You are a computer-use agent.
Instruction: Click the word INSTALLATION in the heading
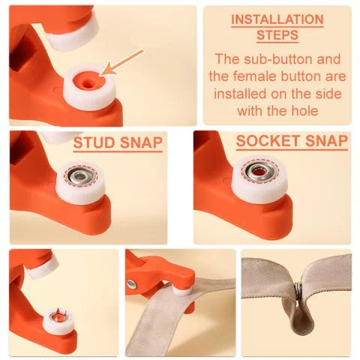tap(277, 19)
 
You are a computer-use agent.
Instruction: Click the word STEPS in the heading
tap(277, 34)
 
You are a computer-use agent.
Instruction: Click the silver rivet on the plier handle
tap(132, 283)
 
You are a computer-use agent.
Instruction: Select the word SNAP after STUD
tap(140, 142)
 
